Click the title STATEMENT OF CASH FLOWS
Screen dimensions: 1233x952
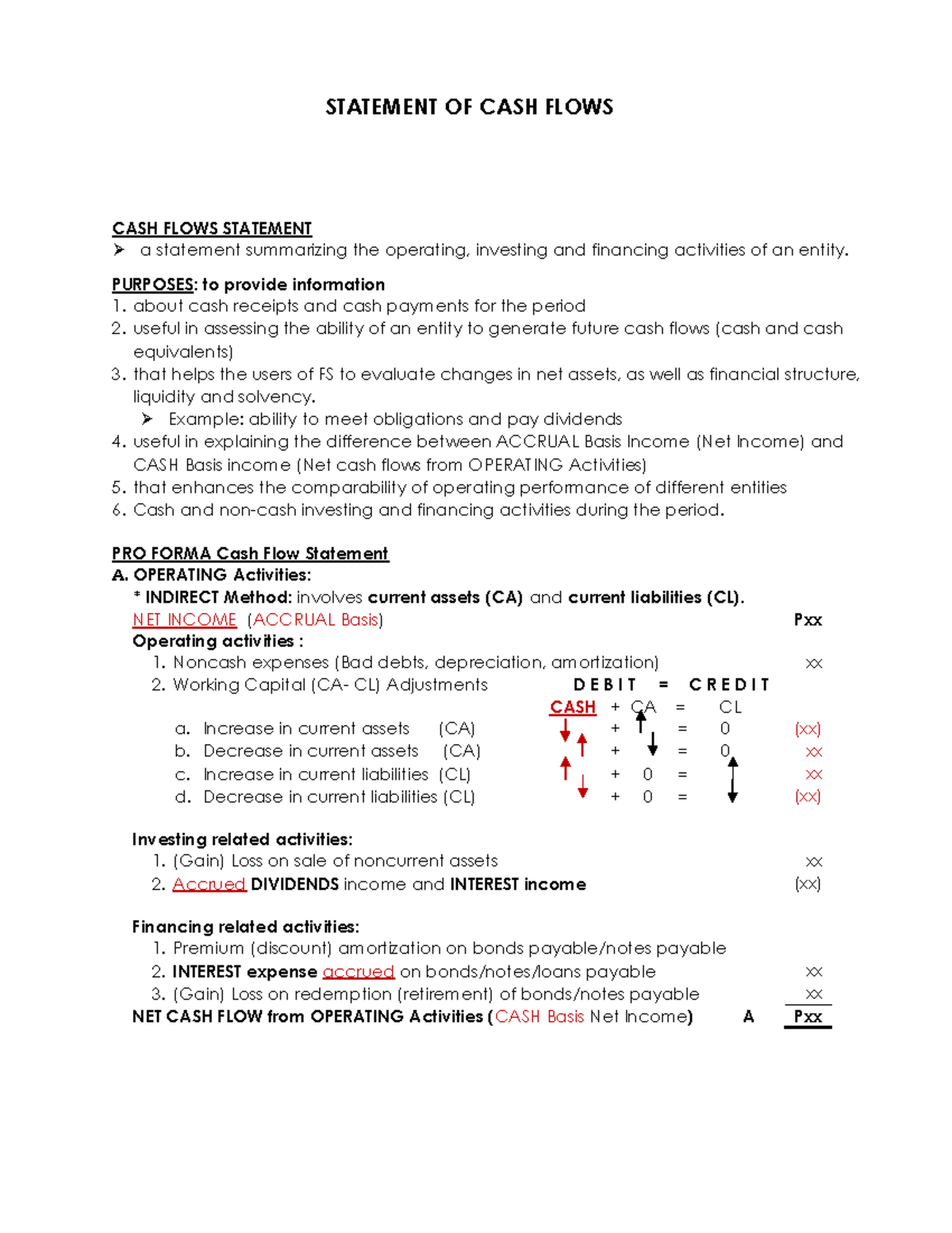pyautogui.click(x=469, y=107)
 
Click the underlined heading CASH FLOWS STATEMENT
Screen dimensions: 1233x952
pyautogui.click(x=212, y=229)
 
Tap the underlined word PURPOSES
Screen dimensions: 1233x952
pyautogui.click(x=152, y=284)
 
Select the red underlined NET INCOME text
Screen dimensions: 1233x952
pyautogui.click(x=184, y=620)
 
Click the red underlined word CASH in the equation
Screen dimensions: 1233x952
pyautogui.click(x=573, y=707)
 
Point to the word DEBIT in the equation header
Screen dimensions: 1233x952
pyautogui.click(x=605, y=685)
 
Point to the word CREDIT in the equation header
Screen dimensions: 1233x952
pyautogui.click(x=729, y=685)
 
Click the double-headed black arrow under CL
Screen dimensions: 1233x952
pyautogui.click(x=732, y=779)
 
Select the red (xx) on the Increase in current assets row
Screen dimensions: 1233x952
pyautogui.click(x=808, y=729)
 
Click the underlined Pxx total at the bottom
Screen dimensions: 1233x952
pyautogui.click(x=808, y=1017)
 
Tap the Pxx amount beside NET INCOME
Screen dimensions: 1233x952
pyautogui.click(x=808, y=620)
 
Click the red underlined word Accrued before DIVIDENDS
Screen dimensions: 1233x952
pyautogui.click(x=209, y=884)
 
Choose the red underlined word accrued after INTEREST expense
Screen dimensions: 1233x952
pyautogui.click(x=358, y=972)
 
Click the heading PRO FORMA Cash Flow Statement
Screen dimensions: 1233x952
pyautogui.click(x=250, y=553)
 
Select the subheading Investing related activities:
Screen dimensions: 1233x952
pyautogui.click(x=242, y=839)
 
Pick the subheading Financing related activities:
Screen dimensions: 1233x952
pyautogui.click(x=245, y=927)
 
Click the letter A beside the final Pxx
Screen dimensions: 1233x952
pyautogui.click(x=748, y=1017)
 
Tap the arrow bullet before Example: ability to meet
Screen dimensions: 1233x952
pyautogui.click(x=147, y=418)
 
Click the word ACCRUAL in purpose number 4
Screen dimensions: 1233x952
pyautogui.click(x=537, y=441)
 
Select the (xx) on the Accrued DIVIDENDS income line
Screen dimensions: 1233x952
pyautogui.click(x=808, y=884)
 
